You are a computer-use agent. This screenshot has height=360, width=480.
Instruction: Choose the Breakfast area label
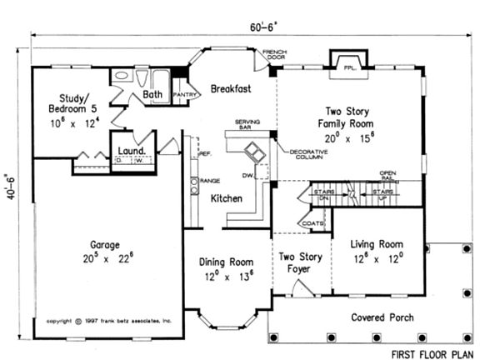[231, 88]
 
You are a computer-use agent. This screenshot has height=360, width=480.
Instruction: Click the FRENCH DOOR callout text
[274, 56]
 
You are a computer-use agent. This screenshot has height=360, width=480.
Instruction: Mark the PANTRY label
[183, 96]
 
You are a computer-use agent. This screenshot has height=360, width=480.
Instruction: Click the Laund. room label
[132, 151]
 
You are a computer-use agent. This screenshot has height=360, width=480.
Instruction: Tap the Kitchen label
[226, 198]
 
